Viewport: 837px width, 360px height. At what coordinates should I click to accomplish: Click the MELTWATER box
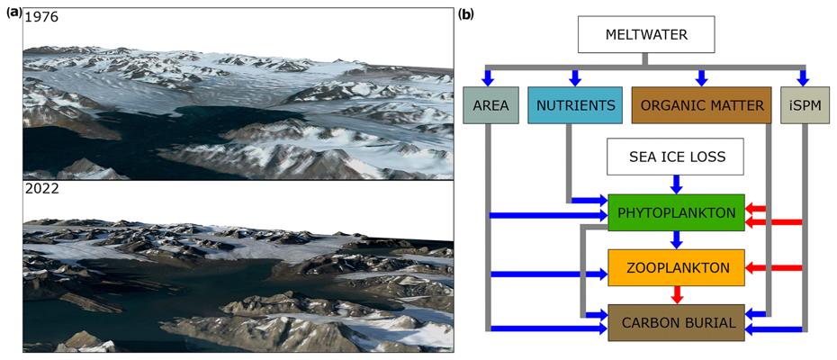pos(645,36)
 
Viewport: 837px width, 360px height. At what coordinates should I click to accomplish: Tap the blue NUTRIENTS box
pos(575,105)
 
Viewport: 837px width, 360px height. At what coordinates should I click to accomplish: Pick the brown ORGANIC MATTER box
pos(701,105)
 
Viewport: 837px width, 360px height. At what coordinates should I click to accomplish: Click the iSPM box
pos(803,105)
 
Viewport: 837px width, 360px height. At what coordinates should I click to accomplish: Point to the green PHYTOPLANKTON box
pos(676,212)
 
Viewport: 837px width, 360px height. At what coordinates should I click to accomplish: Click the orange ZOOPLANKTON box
pos(676,267)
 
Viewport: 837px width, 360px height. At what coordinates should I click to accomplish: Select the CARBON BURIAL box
pos(676,322)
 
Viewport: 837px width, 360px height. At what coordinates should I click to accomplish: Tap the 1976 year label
pos(41,17)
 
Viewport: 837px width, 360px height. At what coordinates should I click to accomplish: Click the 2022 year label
pos(41,189)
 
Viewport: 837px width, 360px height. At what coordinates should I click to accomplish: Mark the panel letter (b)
pos(465,13)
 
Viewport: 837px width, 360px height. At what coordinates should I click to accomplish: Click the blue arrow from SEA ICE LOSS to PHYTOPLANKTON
pos(676,184)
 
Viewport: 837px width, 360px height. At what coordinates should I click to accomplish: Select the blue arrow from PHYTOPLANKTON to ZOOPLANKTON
pos(676,239)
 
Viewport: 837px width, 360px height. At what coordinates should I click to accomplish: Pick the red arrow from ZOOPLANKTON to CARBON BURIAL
pos(676,294)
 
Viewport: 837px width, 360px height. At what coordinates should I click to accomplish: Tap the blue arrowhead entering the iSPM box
pos(803,77)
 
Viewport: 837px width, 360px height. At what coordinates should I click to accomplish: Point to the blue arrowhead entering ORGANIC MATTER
pos(701,77)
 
